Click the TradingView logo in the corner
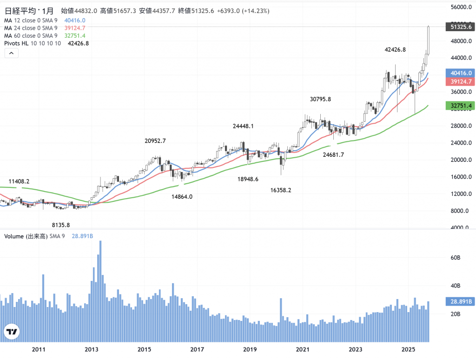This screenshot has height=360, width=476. (x=12, y=332)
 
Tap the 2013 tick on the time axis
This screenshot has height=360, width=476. (x=91, y=349)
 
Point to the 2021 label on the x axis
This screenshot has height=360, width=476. (x=303, y=349)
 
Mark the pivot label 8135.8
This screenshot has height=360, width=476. (x=61, y=225)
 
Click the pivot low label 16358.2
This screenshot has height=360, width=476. (x=281, y=190)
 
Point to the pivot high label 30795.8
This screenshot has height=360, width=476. (x=320, y=99)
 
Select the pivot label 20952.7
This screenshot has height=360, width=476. (x=155, y=140)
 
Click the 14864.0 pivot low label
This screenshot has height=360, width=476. (x=182, y=197)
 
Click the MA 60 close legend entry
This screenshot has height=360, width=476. (x=31, y=36)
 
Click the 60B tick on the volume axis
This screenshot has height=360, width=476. (x=455, y=257)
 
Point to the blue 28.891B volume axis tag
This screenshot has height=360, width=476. (x=459, y=301)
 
